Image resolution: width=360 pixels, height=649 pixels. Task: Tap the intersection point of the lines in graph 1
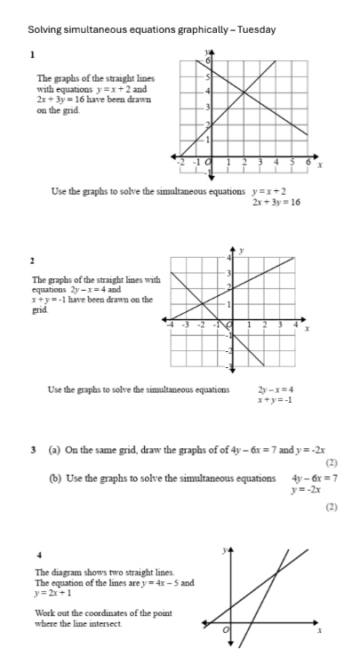[244, 92]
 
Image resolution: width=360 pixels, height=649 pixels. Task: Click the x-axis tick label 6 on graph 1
[308, 164]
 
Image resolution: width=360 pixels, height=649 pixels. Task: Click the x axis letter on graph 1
[320, 166]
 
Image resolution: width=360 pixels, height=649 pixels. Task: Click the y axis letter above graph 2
[242, 250]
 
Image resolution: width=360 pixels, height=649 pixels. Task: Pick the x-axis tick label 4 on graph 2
[296, 326]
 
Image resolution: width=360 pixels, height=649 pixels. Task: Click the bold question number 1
[32, 55]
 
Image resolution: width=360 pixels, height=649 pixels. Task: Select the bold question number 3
[32, 450]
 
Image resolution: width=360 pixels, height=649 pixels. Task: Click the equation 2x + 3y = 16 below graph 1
[276, 203]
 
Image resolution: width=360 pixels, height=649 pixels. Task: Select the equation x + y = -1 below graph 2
[276, 400]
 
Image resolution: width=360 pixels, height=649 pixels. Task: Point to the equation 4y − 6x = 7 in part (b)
[315, 478]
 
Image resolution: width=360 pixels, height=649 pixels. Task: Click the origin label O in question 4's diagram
[226, 630]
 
